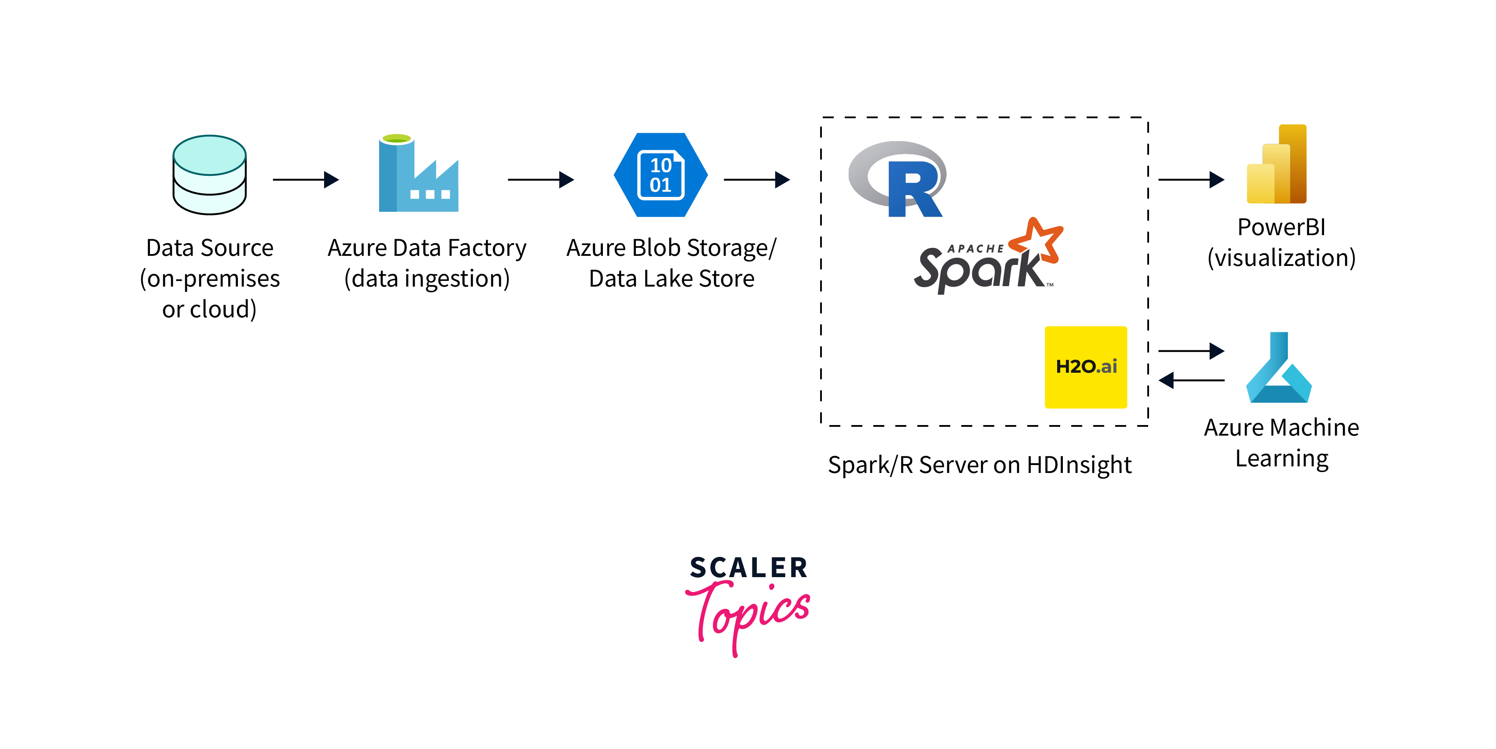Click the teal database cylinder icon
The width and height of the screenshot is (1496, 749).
pos(210,175)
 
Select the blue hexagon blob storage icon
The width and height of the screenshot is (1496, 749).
pos(661,175)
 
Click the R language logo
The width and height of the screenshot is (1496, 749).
pos(898,179)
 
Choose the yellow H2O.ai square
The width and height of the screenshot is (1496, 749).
pos(1085,367)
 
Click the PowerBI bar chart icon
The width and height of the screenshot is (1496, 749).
pos(1277,164)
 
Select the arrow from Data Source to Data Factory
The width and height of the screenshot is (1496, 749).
pos(306,179)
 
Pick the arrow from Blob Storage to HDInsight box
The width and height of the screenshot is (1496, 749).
pos(756,179)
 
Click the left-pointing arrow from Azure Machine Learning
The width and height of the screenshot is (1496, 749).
pos(1191,380)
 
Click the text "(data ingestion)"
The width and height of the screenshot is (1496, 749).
pos(427,279)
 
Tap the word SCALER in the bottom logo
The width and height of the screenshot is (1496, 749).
pos(748,567)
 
